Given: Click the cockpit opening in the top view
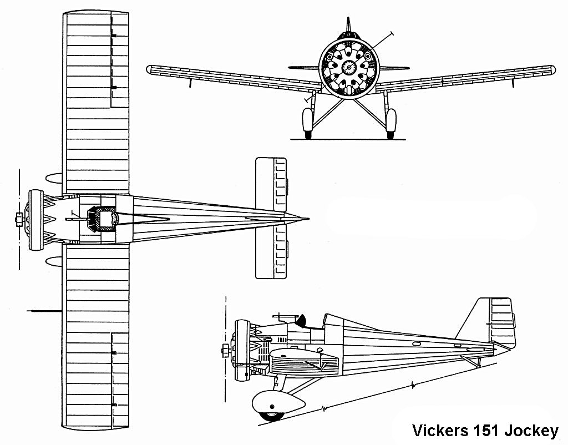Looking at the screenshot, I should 104,219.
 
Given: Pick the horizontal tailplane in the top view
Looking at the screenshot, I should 270,218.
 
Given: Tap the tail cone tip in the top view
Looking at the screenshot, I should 307,218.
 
